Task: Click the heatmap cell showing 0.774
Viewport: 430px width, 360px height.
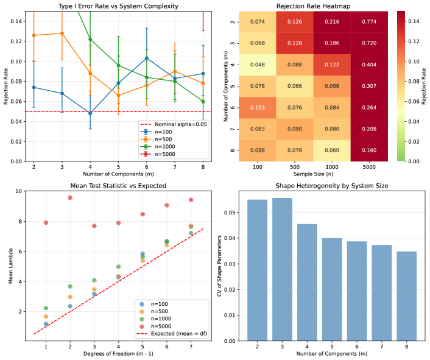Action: (x=367, y=22)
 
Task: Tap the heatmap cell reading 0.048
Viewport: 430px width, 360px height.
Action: (x=257, y=65)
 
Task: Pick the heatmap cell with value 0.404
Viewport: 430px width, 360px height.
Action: (x=367, y=65)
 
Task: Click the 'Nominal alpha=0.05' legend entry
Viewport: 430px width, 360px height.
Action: (x=174, y=124)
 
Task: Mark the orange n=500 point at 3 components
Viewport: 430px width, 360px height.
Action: (x=62, y=33)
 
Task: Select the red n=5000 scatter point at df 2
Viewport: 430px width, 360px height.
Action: (x=70, y=197)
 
